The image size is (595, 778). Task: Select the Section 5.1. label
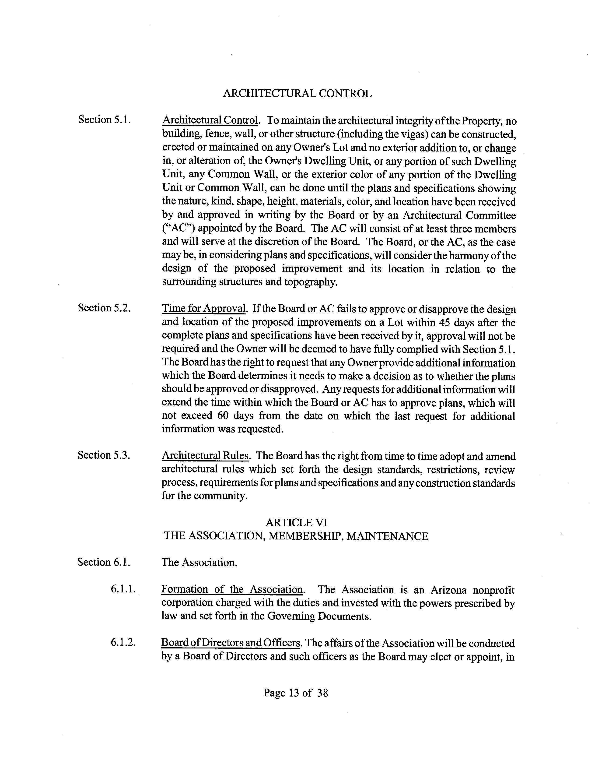click(x=105, y=120)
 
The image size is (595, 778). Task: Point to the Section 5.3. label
click(x=104, y=455)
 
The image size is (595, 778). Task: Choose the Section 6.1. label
click(x=104, y=562)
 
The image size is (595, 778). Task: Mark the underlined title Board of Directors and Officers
click(x=231, y=643)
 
